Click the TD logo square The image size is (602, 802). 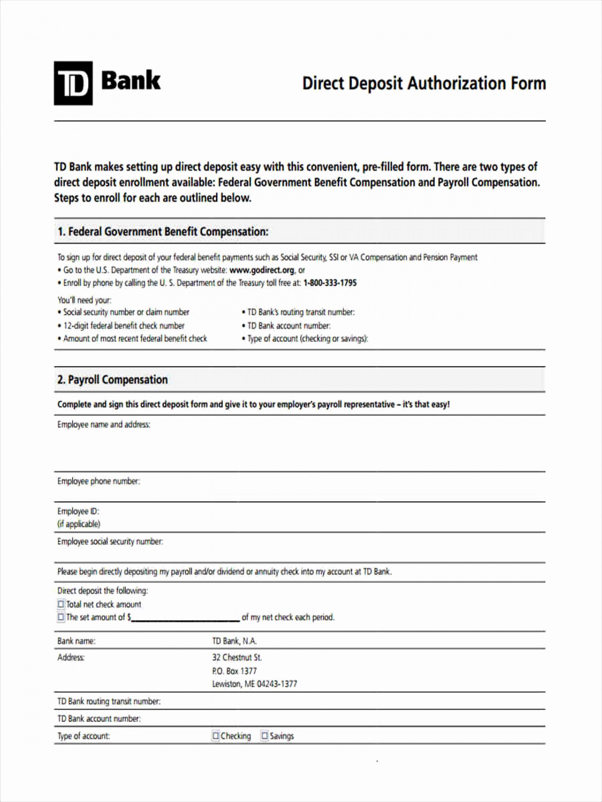73,84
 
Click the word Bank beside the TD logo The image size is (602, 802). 131,81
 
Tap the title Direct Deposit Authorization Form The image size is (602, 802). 424,84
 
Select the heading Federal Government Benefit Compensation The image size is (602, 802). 163,231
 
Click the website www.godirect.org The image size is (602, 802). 262,270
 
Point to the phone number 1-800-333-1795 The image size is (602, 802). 330,283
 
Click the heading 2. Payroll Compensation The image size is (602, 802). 113,380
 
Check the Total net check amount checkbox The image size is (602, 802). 61,604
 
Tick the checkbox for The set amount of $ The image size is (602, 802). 61,617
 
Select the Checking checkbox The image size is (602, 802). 216,736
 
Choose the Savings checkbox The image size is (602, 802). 265,736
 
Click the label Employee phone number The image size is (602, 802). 99,481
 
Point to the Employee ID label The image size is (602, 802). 78,511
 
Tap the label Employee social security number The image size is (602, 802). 110,541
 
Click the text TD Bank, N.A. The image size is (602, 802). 234,641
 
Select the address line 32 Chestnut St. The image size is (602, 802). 237,657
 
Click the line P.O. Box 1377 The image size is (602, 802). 234,671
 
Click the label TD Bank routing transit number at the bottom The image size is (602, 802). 109,701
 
